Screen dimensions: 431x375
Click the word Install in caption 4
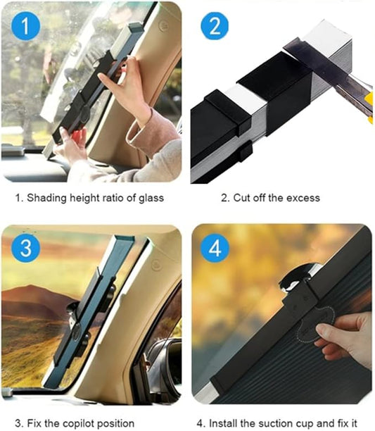point(225,423)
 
